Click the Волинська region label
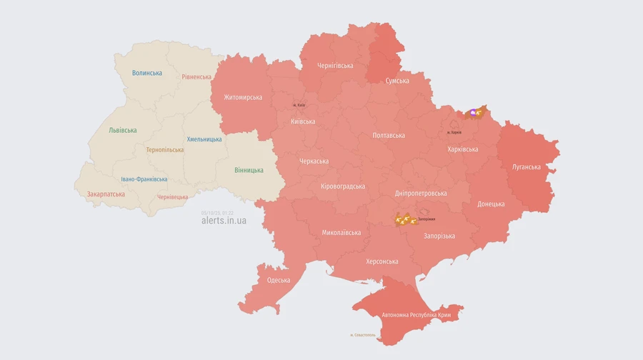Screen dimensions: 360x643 tap(147, 73)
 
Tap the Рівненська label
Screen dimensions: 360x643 tap(196, 76)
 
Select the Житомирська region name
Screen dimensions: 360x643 tap(243, 97)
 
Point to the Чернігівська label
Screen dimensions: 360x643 tap(335, 66)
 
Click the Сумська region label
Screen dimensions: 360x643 tap(397, 81)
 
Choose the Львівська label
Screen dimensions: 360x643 tap(123, 130)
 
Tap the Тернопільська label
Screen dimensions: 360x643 tap(164, 150)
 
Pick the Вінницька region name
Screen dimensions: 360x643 tap(249, 170)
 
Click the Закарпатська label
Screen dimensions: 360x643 tap(106, 194)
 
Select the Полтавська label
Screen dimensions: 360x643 tap(389, 135)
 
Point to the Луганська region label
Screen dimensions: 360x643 tap(527, 166)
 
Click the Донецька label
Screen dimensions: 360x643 tap(491, 204)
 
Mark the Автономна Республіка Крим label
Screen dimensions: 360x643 tap(416, 315)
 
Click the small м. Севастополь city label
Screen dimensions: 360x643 tap(362, 335)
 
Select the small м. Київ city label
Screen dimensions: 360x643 tap(299, 106)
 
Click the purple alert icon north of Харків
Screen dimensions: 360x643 tap(472, 112)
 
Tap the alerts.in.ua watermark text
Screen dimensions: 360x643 tap(224, 221)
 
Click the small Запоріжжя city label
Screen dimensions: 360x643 tap(427, 219)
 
